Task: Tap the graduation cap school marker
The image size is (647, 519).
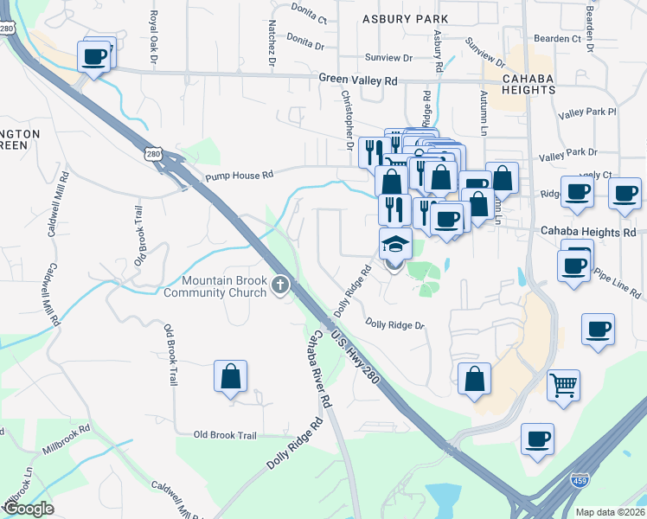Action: [394, 244]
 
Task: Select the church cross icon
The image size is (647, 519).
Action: [279, 285]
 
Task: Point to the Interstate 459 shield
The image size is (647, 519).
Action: [580, 478]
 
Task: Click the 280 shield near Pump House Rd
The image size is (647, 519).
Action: [152, 154]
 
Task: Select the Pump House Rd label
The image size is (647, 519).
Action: [239, 175]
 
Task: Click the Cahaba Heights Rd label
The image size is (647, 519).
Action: [588, 232]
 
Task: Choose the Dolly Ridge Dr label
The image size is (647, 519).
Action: [395, 325]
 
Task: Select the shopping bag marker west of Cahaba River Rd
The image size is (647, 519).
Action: [230, 376]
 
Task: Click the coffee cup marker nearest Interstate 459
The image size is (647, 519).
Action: [537, 439]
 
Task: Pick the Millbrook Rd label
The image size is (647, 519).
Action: [66, 440]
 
